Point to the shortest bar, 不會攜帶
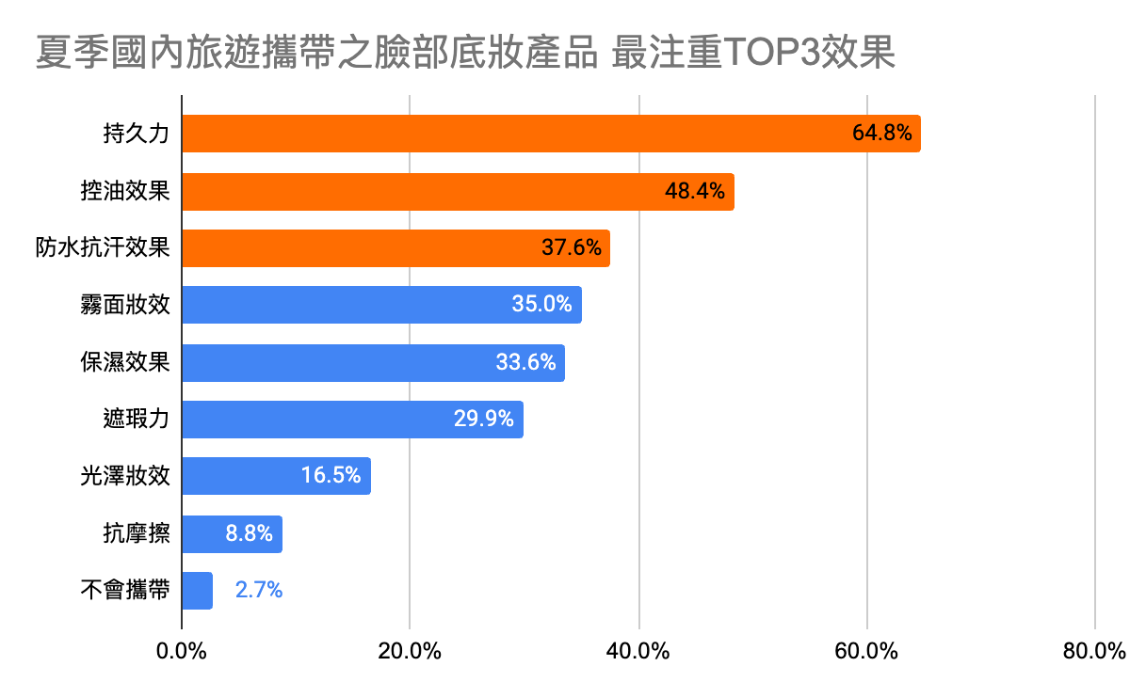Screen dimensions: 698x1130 click(197, 591)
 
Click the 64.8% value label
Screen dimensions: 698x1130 click(881, 134)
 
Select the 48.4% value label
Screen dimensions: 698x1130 click(695, 192)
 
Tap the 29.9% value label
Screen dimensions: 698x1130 click(484, 420)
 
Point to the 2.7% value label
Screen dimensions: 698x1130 click(258, 591)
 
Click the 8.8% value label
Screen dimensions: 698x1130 click(249, 534)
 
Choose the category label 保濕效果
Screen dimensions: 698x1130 click(125, 362)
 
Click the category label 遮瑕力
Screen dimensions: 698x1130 click(137, 420)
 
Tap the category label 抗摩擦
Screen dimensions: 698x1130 click(137, 534)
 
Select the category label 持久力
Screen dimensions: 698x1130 click(137, 134)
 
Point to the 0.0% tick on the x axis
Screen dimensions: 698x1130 click(181, 651)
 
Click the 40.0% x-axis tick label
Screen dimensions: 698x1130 click(638, 651)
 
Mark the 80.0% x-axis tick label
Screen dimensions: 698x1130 click(1095, 651)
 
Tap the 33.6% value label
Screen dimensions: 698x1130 click(525, 362)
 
